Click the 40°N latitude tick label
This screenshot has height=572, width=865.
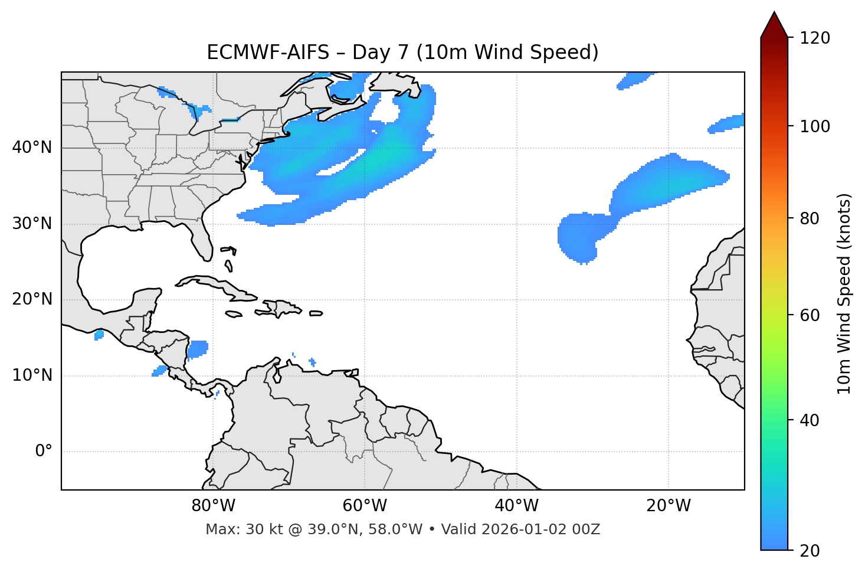(x=32, y=148)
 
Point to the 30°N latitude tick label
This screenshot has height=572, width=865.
(x=32, y=224)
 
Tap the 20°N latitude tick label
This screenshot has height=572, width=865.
(x=32, y=299)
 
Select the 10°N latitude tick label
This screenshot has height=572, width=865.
(x=32, y=375)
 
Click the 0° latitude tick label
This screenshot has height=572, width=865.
(x=44, y=452)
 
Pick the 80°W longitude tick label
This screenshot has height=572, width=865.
(x=213, y=506)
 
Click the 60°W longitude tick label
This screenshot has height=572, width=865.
(x=365, y=506)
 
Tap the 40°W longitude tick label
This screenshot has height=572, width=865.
(x=516, y=506)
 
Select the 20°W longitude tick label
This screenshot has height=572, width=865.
(x=669, y=506)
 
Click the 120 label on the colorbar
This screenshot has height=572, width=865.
(x=815, y=38)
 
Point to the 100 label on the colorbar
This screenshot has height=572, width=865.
(x=815, y=127)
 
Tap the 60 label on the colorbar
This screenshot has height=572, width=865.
(x=810, y=315)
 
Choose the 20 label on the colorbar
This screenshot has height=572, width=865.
(x=810, y=551)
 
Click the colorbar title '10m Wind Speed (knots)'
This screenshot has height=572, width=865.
(x=844, y=294)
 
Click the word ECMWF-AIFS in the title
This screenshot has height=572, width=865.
(x=268, y=53)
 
